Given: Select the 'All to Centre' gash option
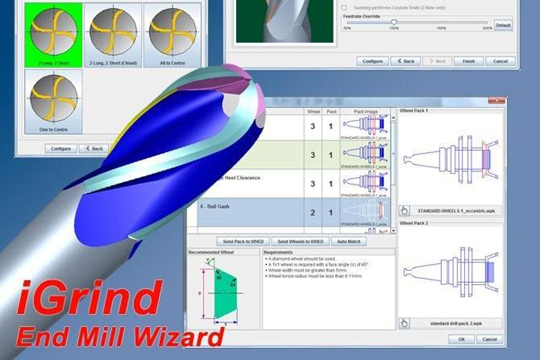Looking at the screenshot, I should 172,33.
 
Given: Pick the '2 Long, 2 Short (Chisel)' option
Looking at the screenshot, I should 112,33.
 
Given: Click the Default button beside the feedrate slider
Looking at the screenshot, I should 502,25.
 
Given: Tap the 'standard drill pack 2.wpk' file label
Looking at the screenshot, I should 454,323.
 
